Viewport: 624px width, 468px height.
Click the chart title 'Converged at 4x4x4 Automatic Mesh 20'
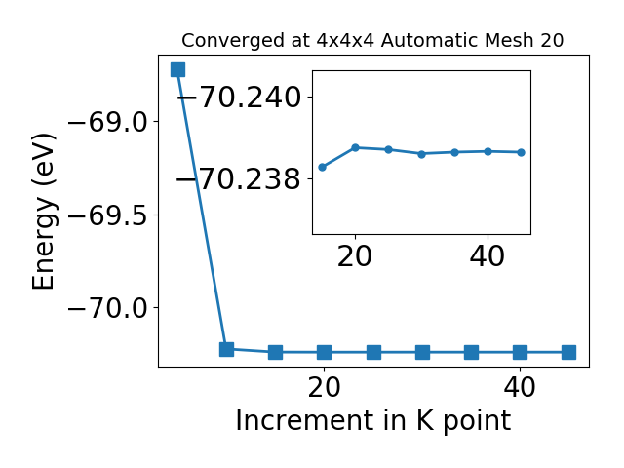coord(372,41)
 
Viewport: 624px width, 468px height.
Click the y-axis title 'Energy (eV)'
coord(43,212)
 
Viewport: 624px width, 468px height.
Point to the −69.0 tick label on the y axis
coord(108,122)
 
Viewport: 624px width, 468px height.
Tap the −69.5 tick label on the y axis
coord(108,215)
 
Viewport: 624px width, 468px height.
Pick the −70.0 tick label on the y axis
coord(108,308)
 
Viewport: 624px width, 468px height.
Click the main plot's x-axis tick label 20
coord(325,387)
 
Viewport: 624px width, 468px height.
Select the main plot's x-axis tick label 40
coord(520,387)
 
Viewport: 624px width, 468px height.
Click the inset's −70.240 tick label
coord(239,97)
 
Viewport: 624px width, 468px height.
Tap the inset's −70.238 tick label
coord(239,179)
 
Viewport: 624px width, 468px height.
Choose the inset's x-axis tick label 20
coord(355,256)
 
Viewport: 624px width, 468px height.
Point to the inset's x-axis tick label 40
coord(487,256)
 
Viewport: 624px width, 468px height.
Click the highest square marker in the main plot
coord(177,69)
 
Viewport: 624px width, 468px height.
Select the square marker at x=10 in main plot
coord(226,349)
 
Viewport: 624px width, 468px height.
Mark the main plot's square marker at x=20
coord(325,352)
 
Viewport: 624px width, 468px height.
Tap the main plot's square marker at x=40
coord(520,352)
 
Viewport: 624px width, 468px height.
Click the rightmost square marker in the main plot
coord(569,352)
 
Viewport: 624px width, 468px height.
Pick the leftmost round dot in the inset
coord(323,167)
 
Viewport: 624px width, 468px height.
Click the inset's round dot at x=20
coord(355,148)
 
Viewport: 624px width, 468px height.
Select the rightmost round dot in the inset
coord(521,152)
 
